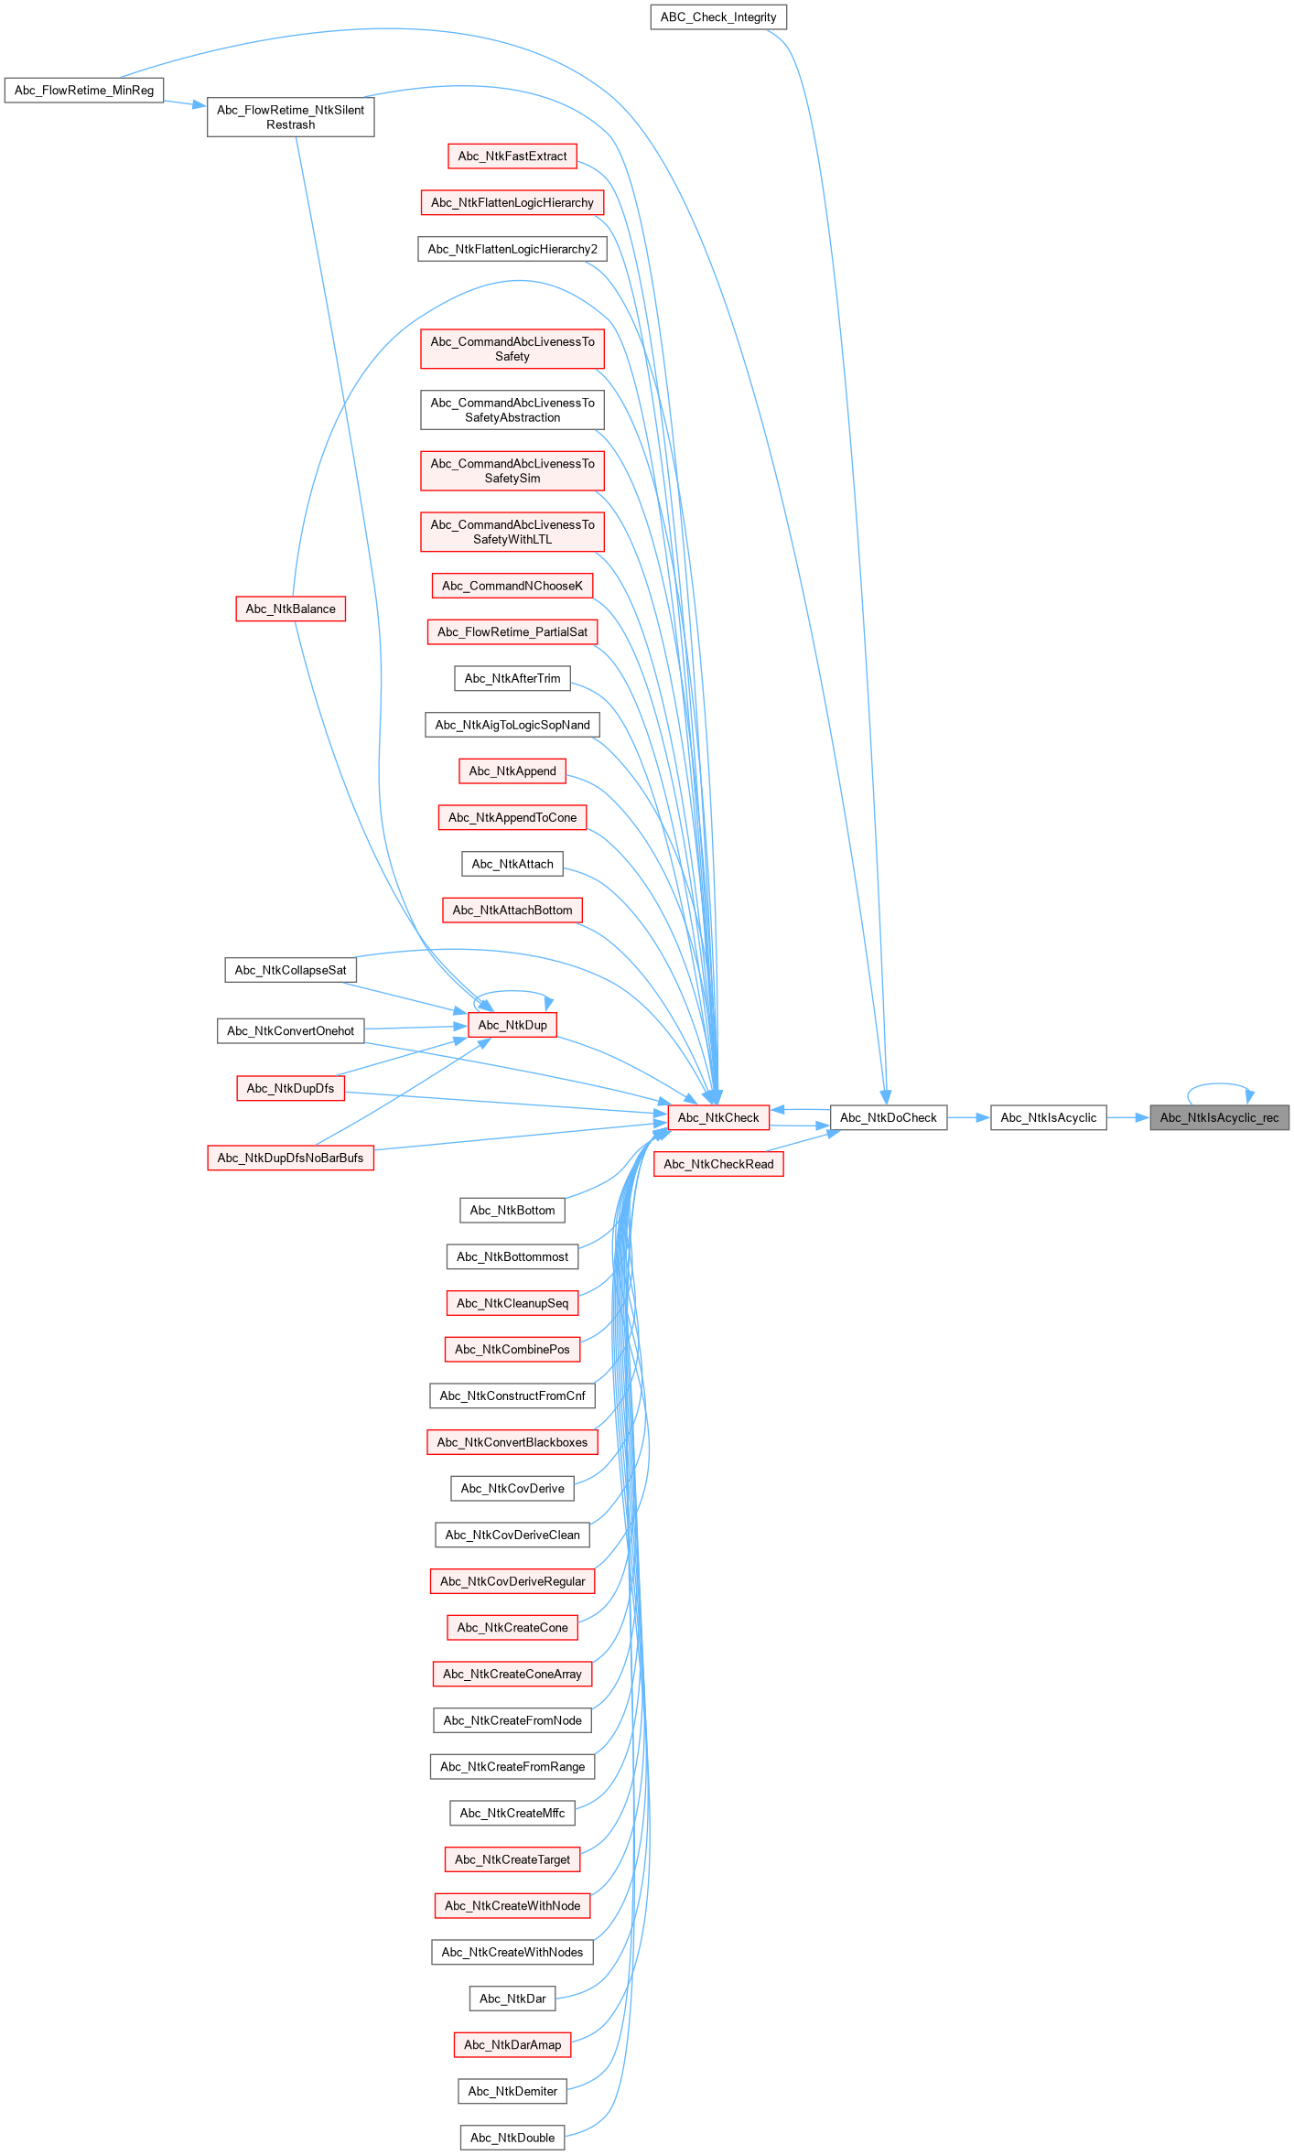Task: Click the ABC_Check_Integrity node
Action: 718,17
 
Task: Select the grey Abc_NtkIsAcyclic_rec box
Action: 1219,1117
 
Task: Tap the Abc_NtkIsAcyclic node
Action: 1048,1117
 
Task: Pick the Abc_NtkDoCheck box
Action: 888,1117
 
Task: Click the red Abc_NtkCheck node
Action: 718,1117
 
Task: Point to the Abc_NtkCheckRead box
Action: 718,1164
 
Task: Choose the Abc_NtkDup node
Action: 512,1025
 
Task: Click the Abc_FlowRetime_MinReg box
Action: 84,91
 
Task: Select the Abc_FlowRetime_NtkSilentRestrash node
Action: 290,117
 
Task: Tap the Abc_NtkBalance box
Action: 290,609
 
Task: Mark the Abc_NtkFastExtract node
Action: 512,156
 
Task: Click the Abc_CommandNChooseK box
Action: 512,586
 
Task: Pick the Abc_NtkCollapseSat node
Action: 290,970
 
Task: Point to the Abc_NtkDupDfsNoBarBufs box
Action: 290,1158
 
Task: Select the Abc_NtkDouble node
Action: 512,2138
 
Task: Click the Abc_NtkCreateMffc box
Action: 512,1813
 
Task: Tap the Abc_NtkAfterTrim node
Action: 512,678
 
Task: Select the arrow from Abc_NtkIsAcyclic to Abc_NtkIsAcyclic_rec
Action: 1127,1117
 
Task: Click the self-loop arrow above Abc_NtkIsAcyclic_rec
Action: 1219,1084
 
